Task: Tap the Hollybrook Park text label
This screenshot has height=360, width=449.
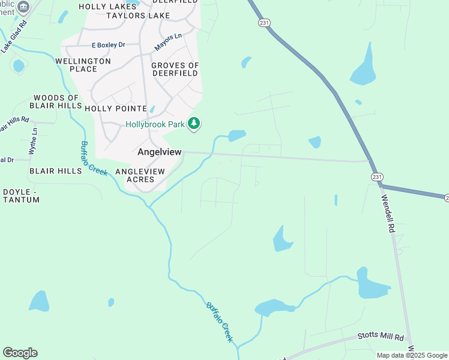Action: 155,125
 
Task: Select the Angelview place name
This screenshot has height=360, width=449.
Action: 159,152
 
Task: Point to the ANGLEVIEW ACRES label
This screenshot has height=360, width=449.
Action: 140,175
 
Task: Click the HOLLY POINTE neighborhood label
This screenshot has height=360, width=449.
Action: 115,109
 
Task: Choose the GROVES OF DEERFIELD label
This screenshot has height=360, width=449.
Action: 175,70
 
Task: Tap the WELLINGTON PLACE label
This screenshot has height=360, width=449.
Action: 83,65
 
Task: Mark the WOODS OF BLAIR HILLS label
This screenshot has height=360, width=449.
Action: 56,101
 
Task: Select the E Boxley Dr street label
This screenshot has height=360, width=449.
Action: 109,45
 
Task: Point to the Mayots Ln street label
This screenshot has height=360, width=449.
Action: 168,41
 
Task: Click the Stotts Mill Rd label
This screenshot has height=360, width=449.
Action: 381,338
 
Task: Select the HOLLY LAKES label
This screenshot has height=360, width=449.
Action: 107,7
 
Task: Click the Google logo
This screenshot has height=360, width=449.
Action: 20,353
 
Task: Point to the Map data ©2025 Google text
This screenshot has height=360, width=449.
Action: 412,355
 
